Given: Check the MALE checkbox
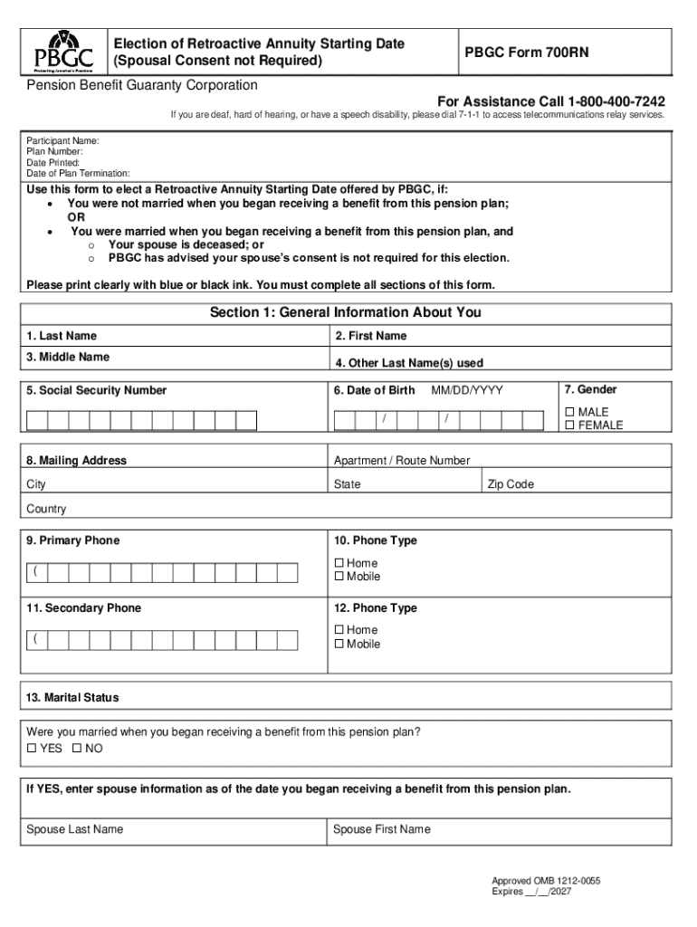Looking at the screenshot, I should (x=570, y=412).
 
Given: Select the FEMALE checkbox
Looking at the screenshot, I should (x=570, y=425).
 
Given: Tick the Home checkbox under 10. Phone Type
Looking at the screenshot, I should (x=339, y=563).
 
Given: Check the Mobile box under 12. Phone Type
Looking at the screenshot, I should (x=339, y=645).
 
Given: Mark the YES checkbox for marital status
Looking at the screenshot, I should (x=32, y=749).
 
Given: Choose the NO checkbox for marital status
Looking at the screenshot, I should (x=77, y=749).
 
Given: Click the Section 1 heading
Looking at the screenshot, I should (x=345, y=313).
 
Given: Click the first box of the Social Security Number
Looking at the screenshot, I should (x=37, y=420).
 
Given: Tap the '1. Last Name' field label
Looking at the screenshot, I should (x=62, y=336).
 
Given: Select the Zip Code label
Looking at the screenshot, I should (x=511, y=484).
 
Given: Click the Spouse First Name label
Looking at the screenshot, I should (x=381, y=829).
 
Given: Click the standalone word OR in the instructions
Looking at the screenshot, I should (x=77, y=218).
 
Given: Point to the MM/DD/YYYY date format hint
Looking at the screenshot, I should (x=466, y=390).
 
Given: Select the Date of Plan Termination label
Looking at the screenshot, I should (x=78, y=173).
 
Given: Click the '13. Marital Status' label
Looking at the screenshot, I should (x=72, y=698).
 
